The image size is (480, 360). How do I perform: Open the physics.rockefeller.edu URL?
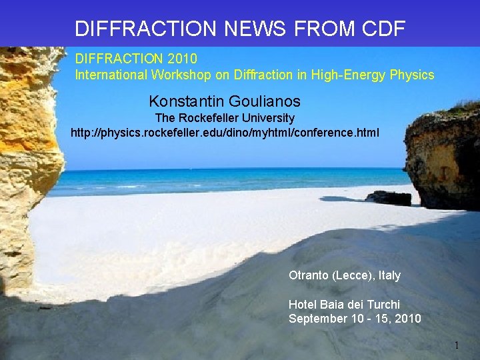click(x=225, y=133)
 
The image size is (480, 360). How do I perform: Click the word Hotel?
click(x=303, y=305)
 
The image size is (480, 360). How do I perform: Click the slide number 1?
click(x=457, y=345)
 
